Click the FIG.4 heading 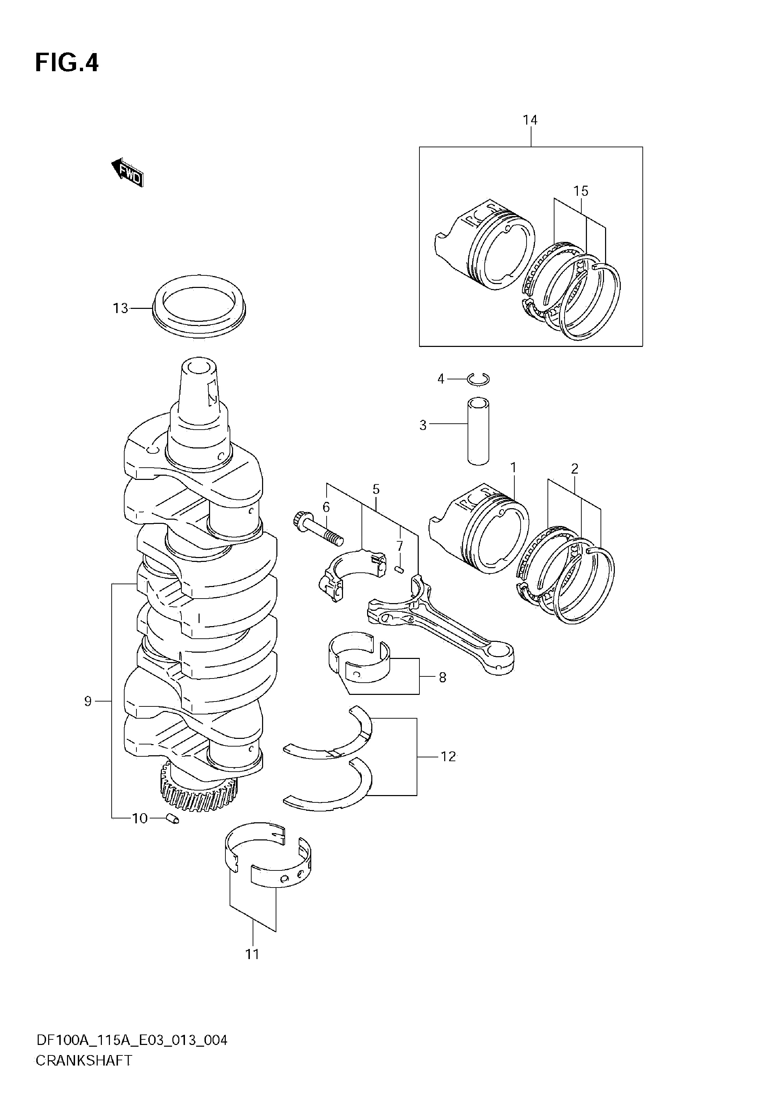(x=67, y=63)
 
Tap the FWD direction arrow (x=127, y=173)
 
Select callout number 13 (x=120, y=309)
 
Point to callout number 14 (x=530, y=120)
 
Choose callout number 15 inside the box (x=581, y=191)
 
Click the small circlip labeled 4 (x=478, y=379)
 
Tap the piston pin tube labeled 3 (x=478, y=431)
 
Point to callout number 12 (x=448, y=757)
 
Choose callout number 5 (x=376, y=489)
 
